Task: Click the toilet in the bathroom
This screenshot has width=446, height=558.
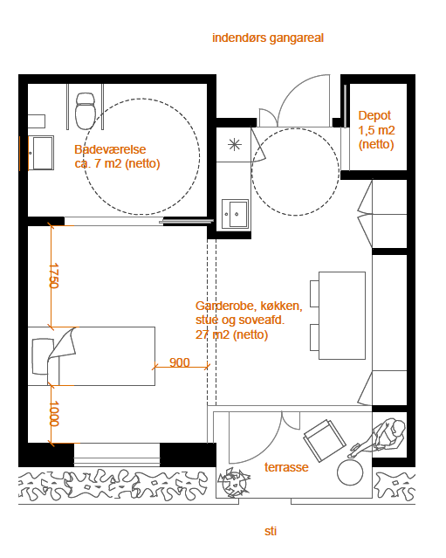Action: click(x=86, y=111)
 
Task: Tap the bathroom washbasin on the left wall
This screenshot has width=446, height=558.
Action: click(x=41, y=153)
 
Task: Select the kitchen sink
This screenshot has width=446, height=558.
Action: click(x=235, y=214)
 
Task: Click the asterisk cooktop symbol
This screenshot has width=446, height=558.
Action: click(x=235, y=144)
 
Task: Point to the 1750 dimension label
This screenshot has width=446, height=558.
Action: click(x=54, y=276)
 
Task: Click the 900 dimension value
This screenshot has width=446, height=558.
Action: click(x=180, y=362)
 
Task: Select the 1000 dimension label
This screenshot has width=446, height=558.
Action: click(x=54, y=414)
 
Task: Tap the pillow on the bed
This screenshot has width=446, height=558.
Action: click(x=41, y=356)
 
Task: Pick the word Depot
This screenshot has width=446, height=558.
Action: click(x=374, y=115)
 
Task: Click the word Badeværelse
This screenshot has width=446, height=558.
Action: click(x=110, y=149)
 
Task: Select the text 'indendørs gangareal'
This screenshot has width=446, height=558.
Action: click(x=268, y=38)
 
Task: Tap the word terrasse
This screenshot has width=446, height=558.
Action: click(x=286, y=467)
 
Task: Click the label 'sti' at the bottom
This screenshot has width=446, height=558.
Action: click(x=271, y=531)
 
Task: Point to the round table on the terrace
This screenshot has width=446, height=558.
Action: click(x=350, y=472)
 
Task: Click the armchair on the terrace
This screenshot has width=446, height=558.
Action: click(x=325, y=441)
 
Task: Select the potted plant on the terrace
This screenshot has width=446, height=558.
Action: click(x=234, y=483)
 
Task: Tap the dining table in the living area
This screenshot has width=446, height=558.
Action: click(x=342, y=315)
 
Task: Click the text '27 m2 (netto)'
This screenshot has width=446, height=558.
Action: click(x=231, y=334)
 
